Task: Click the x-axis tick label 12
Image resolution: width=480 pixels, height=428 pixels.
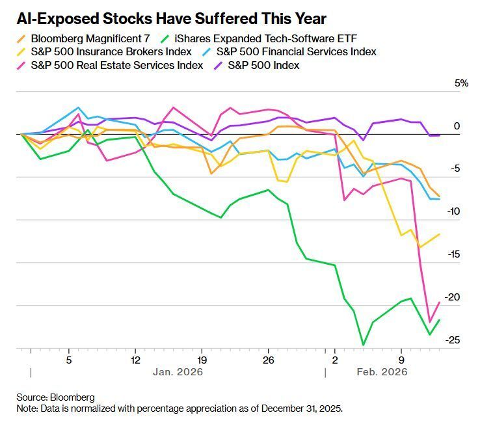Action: tap(135, 359)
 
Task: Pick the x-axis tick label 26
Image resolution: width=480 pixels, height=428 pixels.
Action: tap(267, 359)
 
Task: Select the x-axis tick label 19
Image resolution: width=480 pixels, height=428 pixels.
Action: tap(202, 359)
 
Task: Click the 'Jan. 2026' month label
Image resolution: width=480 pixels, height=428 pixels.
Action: tap(178, 372)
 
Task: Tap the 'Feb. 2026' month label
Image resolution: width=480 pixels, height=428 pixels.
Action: tap(382, 372)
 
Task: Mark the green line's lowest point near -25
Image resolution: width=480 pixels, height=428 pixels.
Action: tap(363, 345)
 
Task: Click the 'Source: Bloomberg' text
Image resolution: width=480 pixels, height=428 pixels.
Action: tap(56, 397)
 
